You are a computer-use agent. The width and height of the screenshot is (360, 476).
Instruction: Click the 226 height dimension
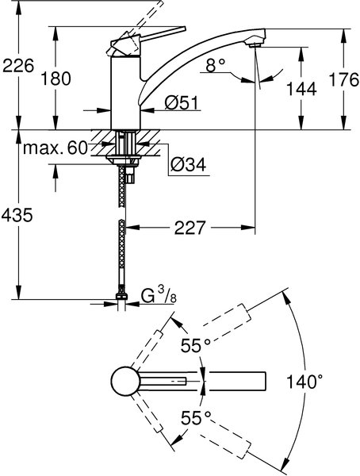(18, 66)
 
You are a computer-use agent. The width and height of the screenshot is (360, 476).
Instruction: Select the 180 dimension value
(56, 79)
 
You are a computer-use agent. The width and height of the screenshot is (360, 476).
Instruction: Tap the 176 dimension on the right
(344, 80)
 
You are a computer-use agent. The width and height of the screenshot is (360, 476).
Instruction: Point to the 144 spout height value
(301, 89)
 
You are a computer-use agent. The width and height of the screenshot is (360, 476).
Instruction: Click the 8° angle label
(216, 65)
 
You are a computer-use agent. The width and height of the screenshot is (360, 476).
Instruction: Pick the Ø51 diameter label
(182, 103)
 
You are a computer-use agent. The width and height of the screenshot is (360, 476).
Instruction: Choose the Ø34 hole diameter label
(188, 164)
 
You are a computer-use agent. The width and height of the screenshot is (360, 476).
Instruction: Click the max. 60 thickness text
(56, 148)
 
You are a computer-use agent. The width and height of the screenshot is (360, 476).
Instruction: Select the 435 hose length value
(17, 215)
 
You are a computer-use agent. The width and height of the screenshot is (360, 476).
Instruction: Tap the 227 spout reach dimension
(190, 228)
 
